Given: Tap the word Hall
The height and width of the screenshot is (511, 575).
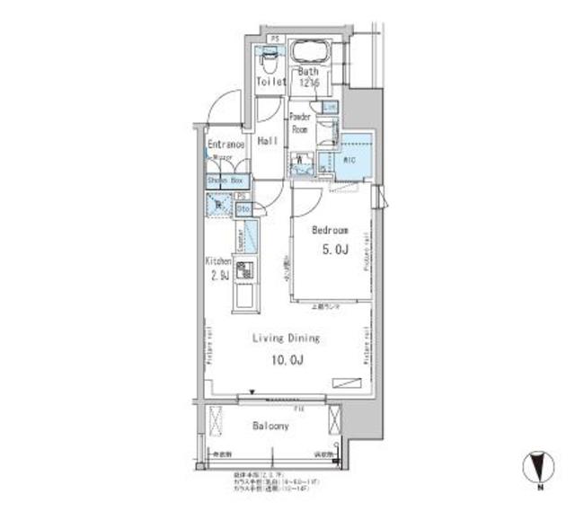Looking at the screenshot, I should (x=266, y=142).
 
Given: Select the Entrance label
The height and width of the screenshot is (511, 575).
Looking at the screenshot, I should (x=226, y=144).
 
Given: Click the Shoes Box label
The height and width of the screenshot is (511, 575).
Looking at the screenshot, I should (x=226, y=181).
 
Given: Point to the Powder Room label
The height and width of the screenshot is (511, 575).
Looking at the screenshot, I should (x=300, y=122).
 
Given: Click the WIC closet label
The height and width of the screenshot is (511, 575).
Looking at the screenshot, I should (x=350, y=161).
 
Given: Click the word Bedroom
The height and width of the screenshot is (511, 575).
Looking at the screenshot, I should (x=330, y=230).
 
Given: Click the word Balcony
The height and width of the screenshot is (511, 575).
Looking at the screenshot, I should (x=270, y=427).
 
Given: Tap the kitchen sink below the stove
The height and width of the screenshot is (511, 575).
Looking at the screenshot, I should (x=244, y=295).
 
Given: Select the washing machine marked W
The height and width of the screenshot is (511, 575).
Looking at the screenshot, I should (x=301, y=163).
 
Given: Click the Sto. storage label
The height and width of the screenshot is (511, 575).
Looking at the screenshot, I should (x=243, y=209).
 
